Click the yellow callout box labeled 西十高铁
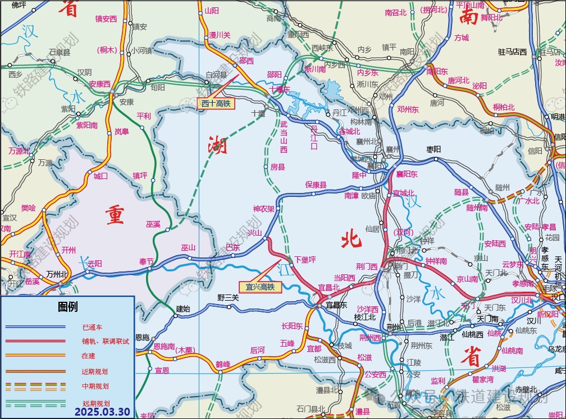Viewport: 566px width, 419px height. point(216,103)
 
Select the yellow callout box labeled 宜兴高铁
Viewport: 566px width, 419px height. point(260,287)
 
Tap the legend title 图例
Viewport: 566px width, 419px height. point(67,307)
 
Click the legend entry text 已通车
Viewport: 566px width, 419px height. point(92,327)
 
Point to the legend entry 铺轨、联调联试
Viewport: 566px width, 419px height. point(105,341)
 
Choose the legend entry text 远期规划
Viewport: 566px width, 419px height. point(95,403)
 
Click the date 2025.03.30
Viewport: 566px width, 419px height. point(102,412)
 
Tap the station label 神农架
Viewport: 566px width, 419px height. point(263,209)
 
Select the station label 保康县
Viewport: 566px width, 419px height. point(316,184)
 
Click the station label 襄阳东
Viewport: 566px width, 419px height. point(407,174)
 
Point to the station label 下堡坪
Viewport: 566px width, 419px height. point(305,259)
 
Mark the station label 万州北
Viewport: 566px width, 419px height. point(57,274)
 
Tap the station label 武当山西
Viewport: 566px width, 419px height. point(284,137)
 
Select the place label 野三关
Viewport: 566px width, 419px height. point(229,297)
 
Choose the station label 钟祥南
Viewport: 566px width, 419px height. point(436,261)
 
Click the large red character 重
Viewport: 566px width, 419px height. point(115,215)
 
